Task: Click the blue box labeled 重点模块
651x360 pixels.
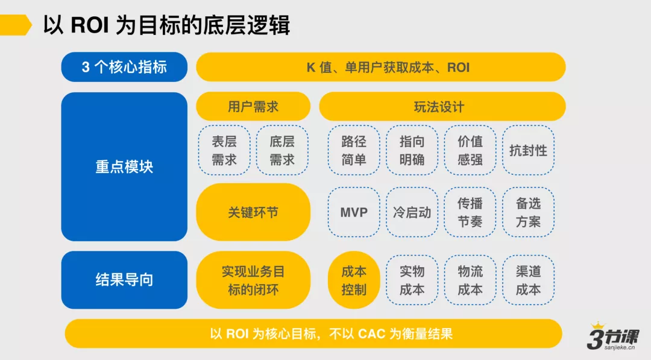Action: [124, 166]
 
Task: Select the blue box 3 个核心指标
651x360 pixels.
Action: [124, 67]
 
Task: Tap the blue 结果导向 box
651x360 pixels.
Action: [124, 280]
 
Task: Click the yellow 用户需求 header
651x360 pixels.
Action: [253, 107]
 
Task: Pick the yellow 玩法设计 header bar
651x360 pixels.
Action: [442, 107]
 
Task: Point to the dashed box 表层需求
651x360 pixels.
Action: [224, 150]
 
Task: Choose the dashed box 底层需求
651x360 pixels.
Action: [282, 150]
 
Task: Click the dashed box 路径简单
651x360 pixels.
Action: [354, 150]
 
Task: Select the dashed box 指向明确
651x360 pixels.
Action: [412, 150]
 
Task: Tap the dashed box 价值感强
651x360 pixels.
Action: [470, 150]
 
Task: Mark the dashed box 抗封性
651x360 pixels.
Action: [528, 150]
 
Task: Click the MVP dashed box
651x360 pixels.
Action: [354, 212]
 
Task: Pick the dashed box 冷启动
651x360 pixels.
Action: [412, 212]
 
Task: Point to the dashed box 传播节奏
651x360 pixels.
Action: [470, 212]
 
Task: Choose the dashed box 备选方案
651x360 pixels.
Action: [528, 212]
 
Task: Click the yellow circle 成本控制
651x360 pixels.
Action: [354, 280]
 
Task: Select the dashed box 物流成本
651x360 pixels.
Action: [470, 280]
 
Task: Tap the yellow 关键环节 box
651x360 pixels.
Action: [253, 212]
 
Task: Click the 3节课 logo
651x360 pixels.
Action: [613, 336]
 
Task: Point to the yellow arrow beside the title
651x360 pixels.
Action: [16, 25]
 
